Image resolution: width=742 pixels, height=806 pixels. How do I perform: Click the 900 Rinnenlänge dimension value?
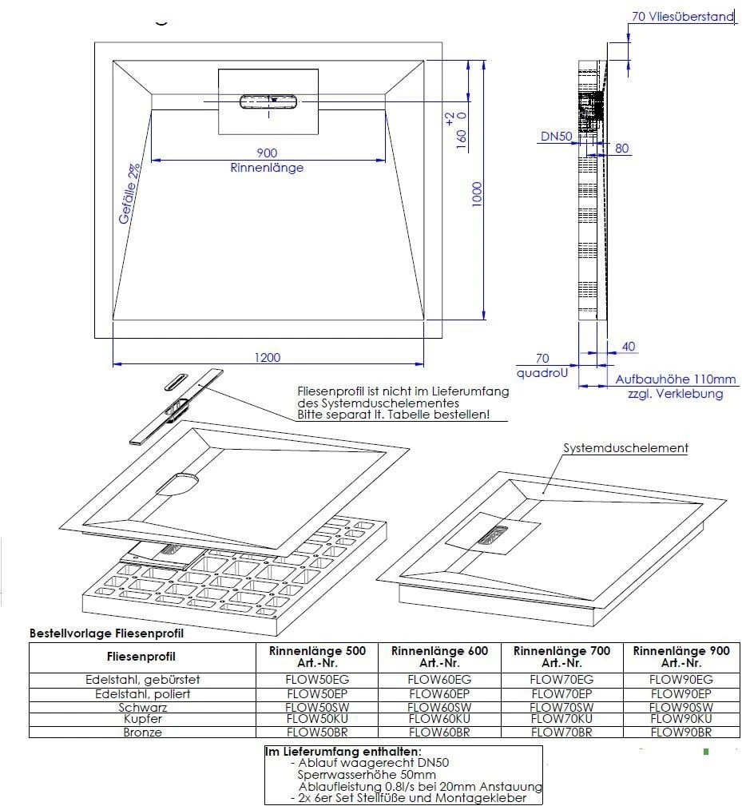coord(267,153)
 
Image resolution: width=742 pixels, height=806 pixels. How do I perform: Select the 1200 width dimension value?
coord(268,357)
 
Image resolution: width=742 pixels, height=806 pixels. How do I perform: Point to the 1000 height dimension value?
coord(478,194)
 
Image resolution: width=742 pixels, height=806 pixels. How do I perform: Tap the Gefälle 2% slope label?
coord(129,194)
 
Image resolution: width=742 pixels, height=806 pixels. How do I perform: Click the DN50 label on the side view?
coord(556,137)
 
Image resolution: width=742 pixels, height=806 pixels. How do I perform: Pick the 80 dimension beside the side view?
coord(621,148)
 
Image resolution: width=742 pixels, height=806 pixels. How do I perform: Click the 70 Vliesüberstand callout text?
coord(682,17)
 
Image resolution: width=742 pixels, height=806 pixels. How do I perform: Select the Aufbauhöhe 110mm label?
coord(675,379)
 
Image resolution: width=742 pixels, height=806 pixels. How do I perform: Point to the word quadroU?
coord(542,373)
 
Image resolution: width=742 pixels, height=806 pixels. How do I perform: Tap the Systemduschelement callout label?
coord(625,447)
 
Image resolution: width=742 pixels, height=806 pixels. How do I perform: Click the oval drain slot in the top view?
coord(268,101)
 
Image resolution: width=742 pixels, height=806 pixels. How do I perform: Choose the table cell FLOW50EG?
coord(317,680)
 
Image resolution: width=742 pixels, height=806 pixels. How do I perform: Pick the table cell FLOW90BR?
coord(680,732)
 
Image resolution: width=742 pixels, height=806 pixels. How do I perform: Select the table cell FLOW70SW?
coord(561,707)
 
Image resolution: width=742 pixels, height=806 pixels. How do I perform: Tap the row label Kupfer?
coord(143,719)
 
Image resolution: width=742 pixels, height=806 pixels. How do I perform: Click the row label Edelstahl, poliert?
coord(142,694)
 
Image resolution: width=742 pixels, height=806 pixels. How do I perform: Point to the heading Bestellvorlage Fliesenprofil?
coord(106,633)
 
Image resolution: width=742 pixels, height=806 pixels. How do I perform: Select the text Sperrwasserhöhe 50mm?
coord(367,775)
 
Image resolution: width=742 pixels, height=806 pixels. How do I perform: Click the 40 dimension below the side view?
coord(628,347)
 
